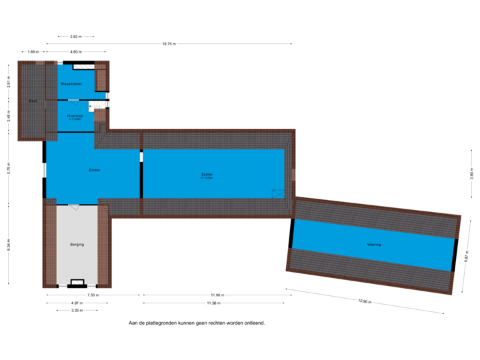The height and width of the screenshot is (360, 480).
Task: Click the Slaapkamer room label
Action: tap(70, 84)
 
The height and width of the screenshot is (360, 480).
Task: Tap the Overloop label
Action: tap(75, 115)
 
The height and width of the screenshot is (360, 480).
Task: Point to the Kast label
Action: tap(32, 101)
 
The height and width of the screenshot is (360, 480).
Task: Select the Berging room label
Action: tap(77, 245)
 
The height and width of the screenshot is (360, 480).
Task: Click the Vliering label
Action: tap(373, 245)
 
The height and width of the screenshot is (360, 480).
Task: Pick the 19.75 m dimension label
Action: tap(169, 44)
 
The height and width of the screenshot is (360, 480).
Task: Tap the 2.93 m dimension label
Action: tap(75, 36)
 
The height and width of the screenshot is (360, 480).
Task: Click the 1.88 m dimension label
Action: tap(32, 51)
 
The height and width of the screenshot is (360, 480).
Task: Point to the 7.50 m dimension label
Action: tap(93, 295)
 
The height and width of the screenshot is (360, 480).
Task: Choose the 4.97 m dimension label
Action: tap(77, 303)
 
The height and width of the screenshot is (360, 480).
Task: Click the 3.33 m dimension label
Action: tap(77, 310)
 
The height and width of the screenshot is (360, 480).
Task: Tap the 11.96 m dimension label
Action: tap(215, 295)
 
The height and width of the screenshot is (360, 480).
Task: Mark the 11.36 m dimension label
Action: tap(213, 303)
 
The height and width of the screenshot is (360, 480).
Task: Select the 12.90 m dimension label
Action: tap(364, 301)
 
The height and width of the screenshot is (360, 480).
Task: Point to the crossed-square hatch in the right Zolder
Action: tap(277, 193)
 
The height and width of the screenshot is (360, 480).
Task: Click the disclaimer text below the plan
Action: tap(197, 323)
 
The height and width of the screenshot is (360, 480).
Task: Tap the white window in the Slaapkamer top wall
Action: tap(83, 67)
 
